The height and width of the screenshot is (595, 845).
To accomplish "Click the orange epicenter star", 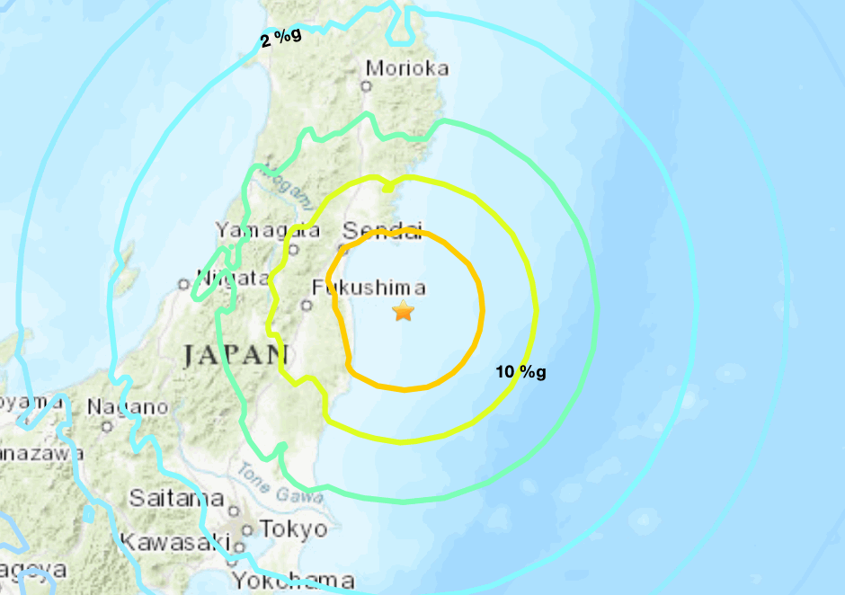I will coord(404,311).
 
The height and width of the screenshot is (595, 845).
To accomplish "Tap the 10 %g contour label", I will coord(520,371).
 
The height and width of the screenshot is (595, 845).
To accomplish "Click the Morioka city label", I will coord(407,68).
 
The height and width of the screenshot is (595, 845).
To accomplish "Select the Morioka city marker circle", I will coord(366,86).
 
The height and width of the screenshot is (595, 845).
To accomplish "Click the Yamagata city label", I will coord(268,231).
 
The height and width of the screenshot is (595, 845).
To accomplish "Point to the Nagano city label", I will coord(127,407).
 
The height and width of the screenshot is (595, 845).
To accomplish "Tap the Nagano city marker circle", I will coord(107,426).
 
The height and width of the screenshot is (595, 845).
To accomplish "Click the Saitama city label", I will coord(176,497).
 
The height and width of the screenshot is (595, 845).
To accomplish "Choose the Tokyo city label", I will coord(294,528).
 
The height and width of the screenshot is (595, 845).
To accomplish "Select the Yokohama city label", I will coord(291,580).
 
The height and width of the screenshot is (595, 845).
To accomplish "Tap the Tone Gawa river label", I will coord(280,484).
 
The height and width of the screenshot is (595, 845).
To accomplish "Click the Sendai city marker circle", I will coord(342,249).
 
